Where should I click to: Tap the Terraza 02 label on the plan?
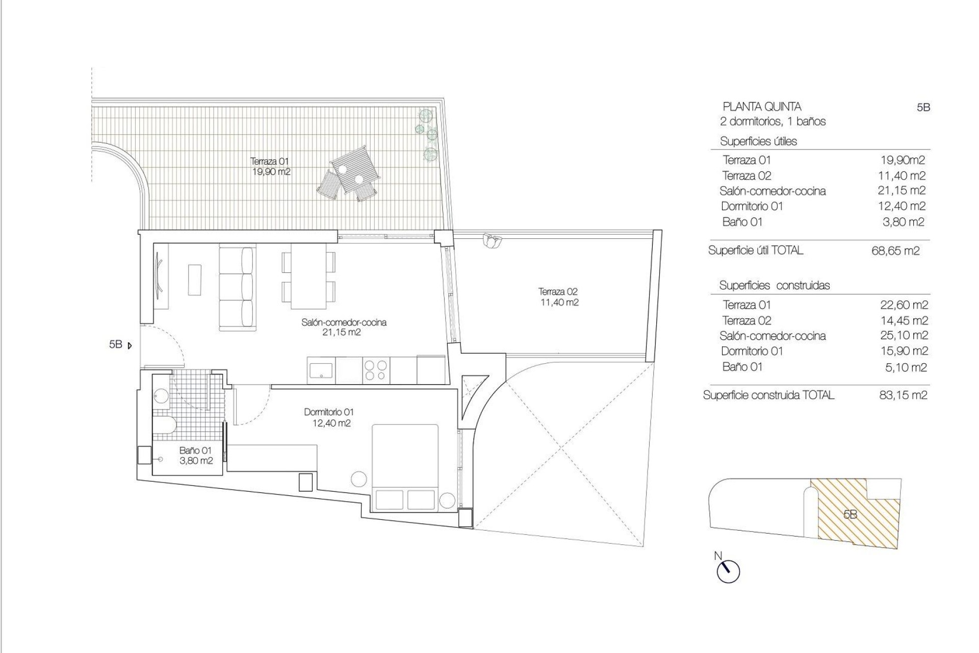[x=558, y=297]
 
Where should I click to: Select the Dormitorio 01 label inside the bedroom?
[x=329, y=417]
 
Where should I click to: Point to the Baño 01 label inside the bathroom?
[x=195, y=456]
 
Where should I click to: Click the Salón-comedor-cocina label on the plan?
[x=344, y=327]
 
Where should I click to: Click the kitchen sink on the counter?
[x=321, y=370]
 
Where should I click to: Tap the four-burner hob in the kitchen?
[x=376, y=370]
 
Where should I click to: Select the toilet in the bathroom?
[x=164, y=423]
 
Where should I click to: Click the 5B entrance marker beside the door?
[x=120, y=345]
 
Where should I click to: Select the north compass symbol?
[x=728, y=571]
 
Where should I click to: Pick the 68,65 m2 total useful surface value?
[x=895, y=251]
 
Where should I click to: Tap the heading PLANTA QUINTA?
[x=762, y=107]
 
